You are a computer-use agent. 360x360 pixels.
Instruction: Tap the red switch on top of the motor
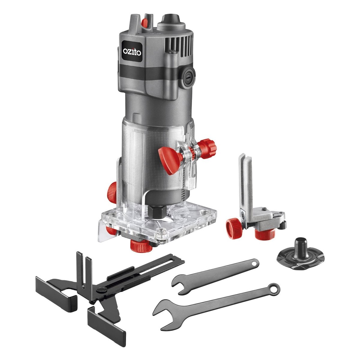[x=145, y=22]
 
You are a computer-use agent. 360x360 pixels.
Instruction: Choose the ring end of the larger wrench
[x=273, y=289]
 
